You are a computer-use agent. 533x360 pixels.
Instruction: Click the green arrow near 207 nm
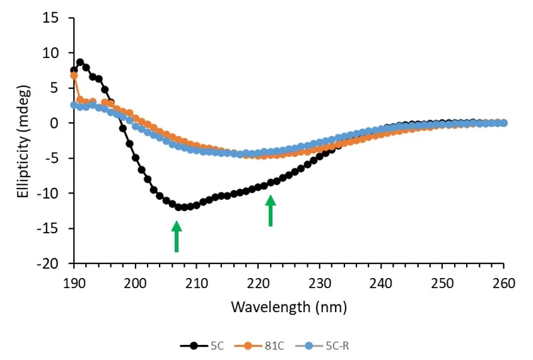click(x=177, y=236)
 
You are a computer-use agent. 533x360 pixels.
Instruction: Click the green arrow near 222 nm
click(x=271, y=210)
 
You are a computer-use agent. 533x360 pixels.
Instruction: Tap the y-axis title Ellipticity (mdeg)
click(x=23, y=141)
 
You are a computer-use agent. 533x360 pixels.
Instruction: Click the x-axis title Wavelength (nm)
click(x=288, y=307)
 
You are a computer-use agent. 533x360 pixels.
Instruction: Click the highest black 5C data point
click(x=80, y=62)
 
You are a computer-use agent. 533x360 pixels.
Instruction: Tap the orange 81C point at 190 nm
click(x=74, y=76)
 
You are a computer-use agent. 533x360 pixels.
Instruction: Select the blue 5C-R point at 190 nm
click(x=74, y=105)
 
